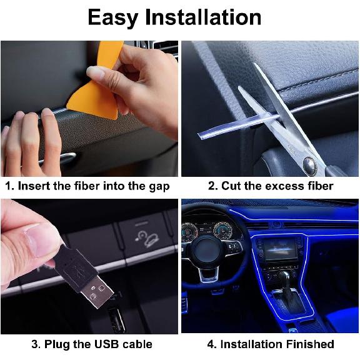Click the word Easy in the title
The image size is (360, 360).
point(113,17)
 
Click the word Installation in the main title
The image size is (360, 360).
point(202,17)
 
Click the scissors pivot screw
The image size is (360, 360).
point(308,164)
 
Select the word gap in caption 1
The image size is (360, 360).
point(156,186)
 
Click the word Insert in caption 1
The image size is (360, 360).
point(34,186)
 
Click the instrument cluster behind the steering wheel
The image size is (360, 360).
point(206,231)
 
